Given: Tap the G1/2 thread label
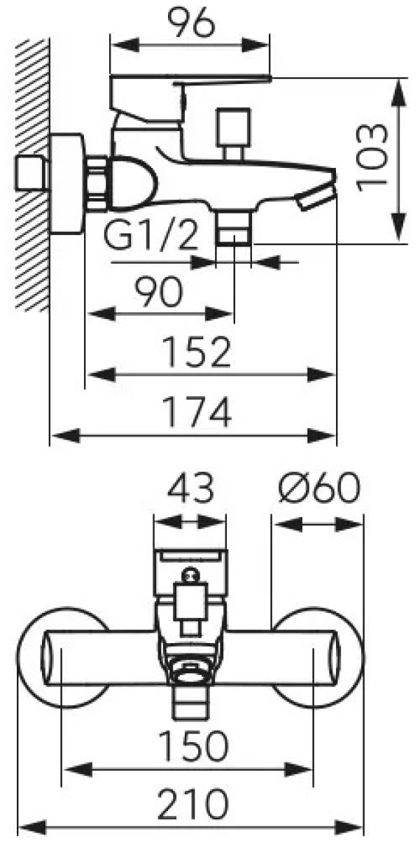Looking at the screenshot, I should click(150, 238).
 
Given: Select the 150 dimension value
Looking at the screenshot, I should click(192, 746).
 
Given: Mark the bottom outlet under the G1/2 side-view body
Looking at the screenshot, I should click(232, 229).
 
